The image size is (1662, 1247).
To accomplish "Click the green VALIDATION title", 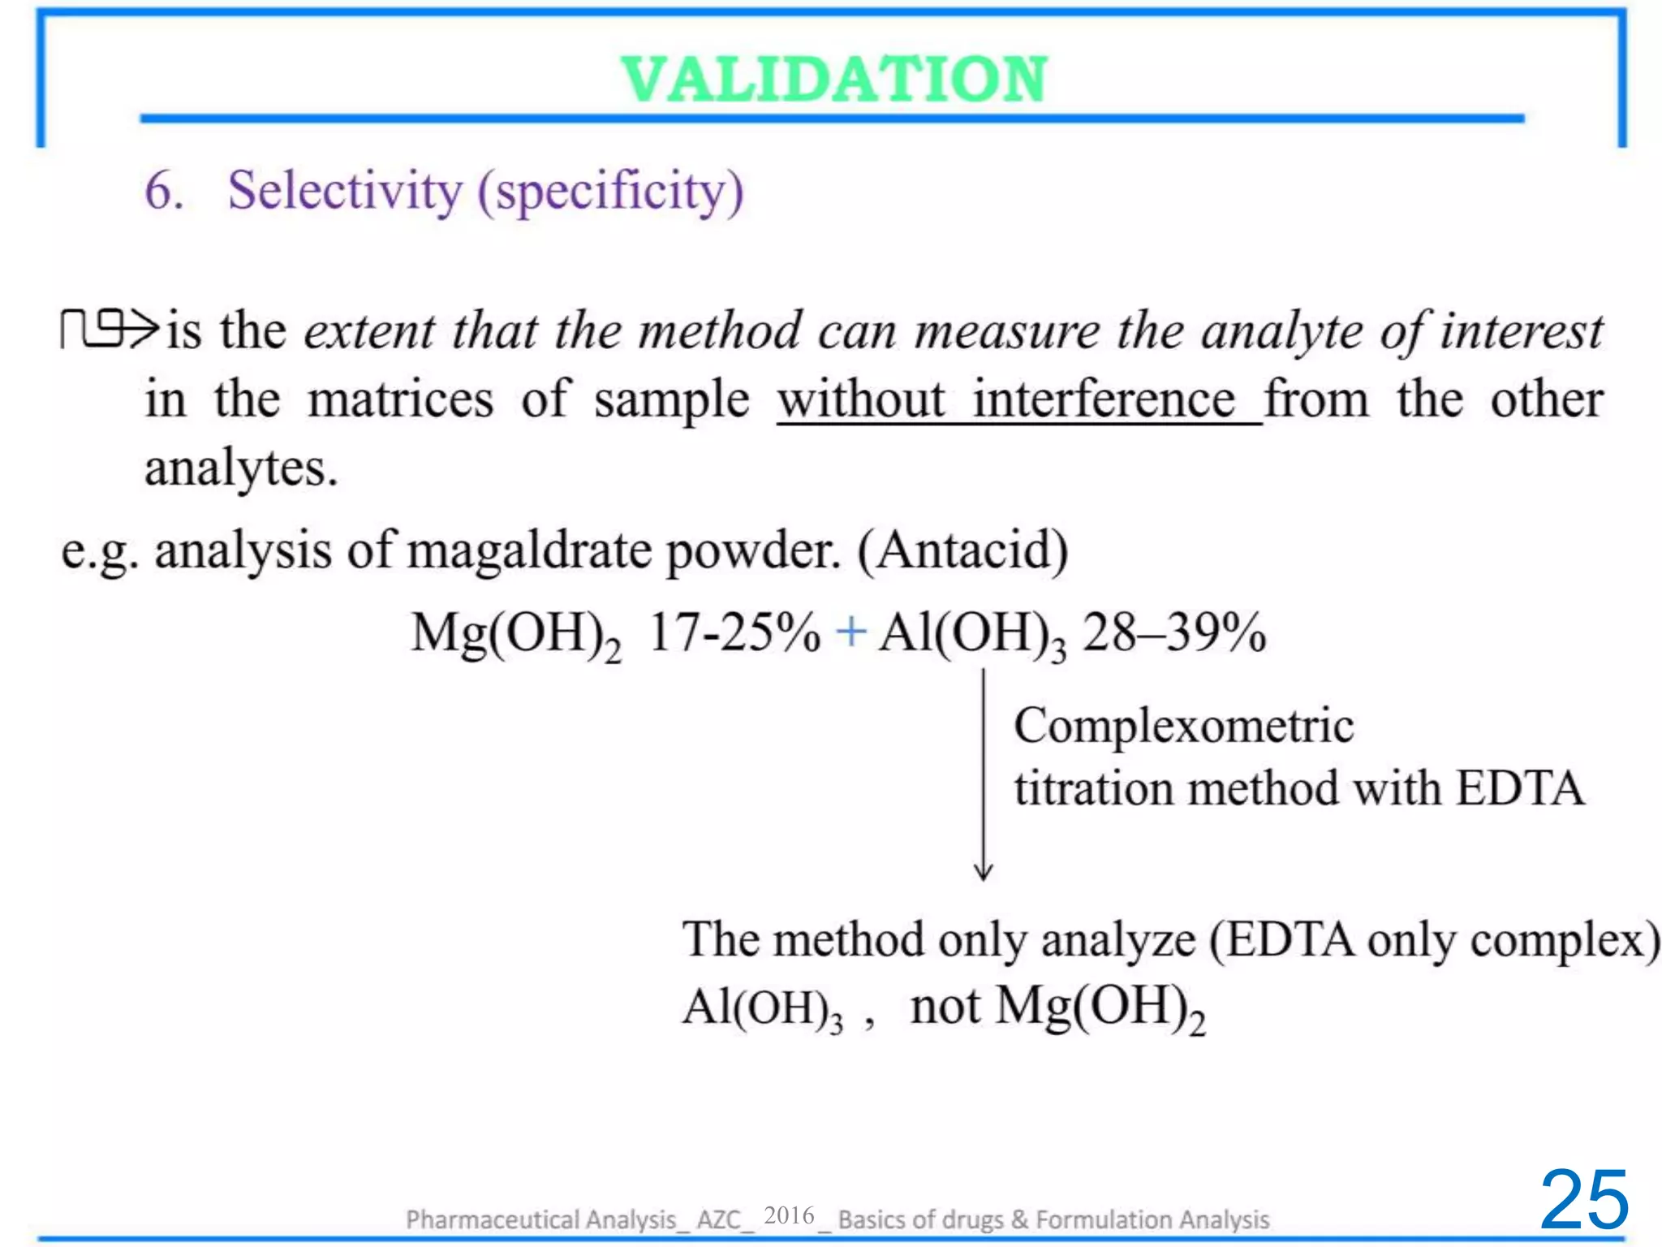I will pos(834,80).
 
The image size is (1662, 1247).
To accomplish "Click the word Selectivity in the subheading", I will pos(344,192).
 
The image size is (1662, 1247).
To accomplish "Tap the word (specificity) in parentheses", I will pos(610,193).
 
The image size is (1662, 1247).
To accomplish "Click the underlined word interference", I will pos(1104,399).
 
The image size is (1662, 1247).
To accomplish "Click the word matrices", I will pos(400,399).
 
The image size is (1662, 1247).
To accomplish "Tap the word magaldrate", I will pos(530,550).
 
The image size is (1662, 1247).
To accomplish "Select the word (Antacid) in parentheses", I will pos(962,550).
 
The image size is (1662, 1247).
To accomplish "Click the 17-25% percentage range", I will pos(734,632).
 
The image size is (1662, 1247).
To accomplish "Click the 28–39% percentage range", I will pos(1174,632).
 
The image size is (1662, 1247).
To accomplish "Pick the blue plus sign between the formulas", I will pos(851,631).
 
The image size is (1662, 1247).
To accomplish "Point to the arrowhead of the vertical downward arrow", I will pos(984,874).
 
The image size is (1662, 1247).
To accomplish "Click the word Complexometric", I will pos(1183,726).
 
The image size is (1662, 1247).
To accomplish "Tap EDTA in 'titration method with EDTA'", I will pos(1519,788).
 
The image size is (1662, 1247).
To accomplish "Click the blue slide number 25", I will pos(1583,1200).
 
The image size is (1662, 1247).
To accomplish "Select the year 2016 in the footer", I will pos(789,1215).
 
